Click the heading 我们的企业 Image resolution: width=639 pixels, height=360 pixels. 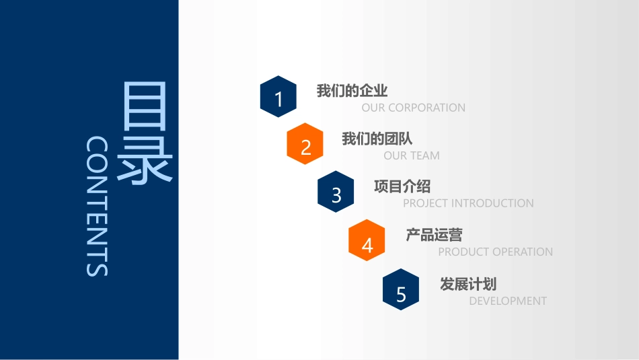point(352,91)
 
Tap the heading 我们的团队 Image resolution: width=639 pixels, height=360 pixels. point(377,139)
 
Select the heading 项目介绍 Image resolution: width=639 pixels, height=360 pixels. point(402,186)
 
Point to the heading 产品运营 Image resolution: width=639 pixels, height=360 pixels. point(434,235)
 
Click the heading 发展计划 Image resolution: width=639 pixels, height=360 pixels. point(468,284)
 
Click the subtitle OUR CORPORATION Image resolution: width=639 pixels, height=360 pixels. point(413,108)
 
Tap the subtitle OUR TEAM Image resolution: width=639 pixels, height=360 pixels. point(412,155)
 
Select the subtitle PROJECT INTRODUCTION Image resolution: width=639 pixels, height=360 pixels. point(468,203)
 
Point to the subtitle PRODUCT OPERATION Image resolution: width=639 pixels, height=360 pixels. point(495,252)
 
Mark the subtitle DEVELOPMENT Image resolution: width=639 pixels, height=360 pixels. point(508,301)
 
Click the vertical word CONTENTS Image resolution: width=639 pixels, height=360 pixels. point(98,207)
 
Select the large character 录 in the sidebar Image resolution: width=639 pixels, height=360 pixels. point(145,160)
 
